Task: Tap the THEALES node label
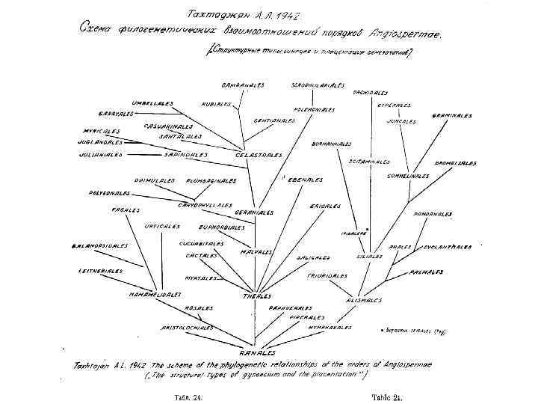point(256,296)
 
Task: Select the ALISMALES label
point(364,300)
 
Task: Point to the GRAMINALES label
point(452,116)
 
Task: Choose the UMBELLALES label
point(152,102)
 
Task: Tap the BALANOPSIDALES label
point(99,245)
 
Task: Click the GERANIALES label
point(254,212)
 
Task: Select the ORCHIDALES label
point(370,93)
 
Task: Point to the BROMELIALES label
point(456,163)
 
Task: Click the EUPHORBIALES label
point(222,227)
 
